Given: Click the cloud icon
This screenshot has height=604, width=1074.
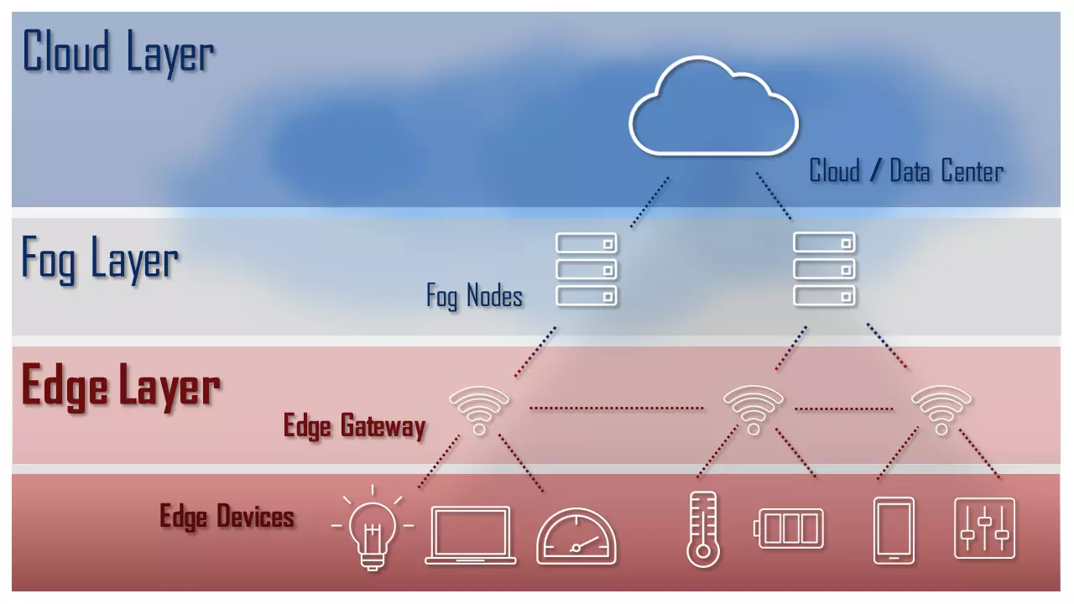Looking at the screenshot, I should click(x=713, y=107).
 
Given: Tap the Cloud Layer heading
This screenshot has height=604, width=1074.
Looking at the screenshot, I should click(x=117, y=52).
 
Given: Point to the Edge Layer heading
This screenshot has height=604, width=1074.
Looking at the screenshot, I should click(x=120, y=388).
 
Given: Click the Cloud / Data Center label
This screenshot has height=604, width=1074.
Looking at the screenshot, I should click(x=906, y=172).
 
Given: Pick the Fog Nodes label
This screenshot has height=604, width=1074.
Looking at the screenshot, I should click(x=474, y=296).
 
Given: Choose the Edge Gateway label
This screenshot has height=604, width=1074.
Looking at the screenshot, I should click(x=354, y=426).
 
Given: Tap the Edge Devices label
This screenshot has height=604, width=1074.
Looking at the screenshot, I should click(x=227, y=516).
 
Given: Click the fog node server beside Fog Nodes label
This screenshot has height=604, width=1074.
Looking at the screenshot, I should click(x=587, y=269).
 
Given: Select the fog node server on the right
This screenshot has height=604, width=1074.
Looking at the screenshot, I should click(x=825, y=269).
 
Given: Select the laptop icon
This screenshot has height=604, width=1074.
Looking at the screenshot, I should click(x=470, y=534).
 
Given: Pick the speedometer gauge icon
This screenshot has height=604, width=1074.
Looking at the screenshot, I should click(x=576, y=536).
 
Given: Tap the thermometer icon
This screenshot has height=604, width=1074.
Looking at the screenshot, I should click(x=702, y=529).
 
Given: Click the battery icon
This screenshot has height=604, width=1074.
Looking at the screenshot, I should click(x=790, y=528).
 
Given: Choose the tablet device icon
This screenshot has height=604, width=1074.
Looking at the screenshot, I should click(x=894, y=530).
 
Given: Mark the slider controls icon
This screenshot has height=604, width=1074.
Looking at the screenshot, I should click(x=984, y=528).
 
